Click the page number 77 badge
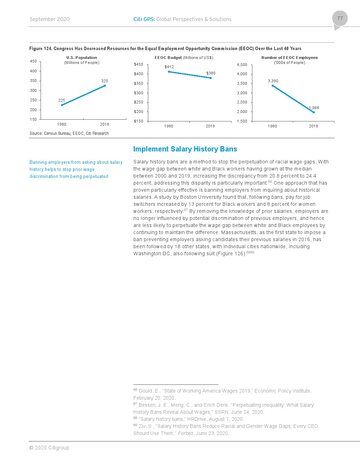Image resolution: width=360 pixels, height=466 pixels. point(340,19)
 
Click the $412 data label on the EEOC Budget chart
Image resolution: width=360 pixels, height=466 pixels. point(169,67)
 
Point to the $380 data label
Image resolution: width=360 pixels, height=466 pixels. point(211,73)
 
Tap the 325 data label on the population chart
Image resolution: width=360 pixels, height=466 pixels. point(104,81)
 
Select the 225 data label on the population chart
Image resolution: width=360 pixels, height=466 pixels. point(62,100)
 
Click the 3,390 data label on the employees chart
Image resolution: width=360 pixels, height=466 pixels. point(273,81)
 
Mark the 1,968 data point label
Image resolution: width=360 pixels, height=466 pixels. point(314,108)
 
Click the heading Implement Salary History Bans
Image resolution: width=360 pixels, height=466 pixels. point(185,149)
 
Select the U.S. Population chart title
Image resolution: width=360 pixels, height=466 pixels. point(82,58)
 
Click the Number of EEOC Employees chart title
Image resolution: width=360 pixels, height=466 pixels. point(289,58)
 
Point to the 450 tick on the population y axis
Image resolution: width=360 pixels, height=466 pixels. point(33,61)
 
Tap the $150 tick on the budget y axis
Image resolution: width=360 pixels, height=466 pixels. point(138,121)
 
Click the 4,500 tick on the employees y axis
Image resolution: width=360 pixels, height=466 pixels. point(242,65)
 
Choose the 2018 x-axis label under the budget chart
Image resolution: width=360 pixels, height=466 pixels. point(210,126)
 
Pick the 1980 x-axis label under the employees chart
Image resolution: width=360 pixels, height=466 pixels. point(272,126)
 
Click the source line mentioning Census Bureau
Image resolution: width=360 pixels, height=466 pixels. point(69,133)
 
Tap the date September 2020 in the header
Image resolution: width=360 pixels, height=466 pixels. point(49,19)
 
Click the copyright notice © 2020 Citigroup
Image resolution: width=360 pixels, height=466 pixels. point(49,448)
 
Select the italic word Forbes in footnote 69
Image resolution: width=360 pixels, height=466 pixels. point(186,433)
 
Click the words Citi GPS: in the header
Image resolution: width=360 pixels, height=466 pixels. point(144,19)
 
